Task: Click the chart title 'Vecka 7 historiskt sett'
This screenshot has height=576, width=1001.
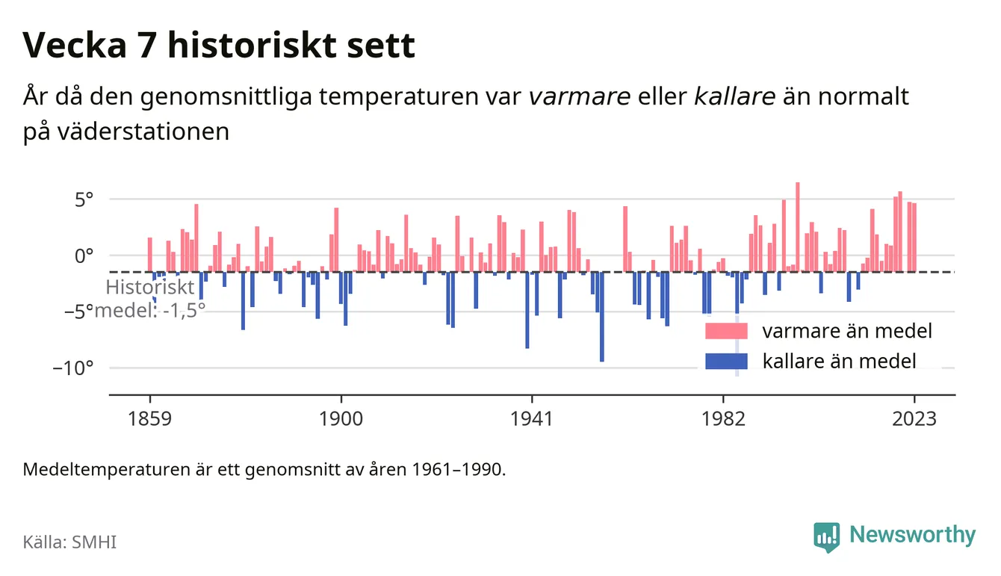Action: (x=219, y=45)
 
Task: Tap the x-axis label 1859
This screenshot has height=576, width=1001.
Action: (x=149, y=419)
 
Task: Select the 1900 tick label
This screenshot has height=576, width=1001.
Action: (x=341, y=419)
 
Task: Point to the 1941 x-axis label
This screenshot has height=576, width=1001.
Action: (x=532, y=419)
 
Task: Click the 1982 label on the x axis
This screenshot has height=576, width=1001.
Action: (x=723, y=419)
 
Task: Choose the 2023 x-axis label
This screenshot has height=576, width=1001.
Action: (x=914, y=419)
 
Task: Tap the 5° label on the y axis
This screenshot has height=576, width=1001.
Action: (x=84, y=199)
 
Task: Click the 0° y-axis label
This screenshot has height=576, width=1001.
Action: (x=84, y=256)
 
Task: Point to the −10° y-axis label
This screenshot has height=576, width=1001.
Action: (x=73, y=368)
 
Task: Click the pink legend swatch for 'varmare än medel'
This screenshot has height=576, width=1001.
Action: (x=726, y=331)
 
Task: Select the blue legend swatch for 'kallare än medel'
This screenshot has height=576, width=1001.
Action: (x=726, y=361)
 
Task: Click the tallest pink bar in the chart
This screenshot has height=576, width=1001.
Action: (x=798, y=227)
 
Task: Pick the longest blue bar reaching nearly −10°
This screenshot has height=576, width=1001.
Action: (x=602, y=317)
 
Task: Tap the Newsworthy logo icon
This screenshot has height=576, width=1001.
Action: (x=827, y=536)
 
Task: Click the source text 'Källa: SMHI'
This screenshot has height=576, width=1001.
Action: (x=69, y=542)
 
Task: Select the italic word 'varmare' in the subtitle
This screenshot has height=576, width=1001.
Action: (x=580, y=96)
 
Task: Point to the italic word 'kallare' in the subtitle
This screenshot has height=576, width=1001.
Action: (x=734, y=96)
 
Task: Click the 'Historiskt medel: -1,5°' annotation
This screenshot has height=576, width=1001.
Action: (x=150, y=299)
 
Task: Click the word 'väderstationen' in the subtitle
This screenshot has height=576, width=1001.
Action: (x=143, y=131)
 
